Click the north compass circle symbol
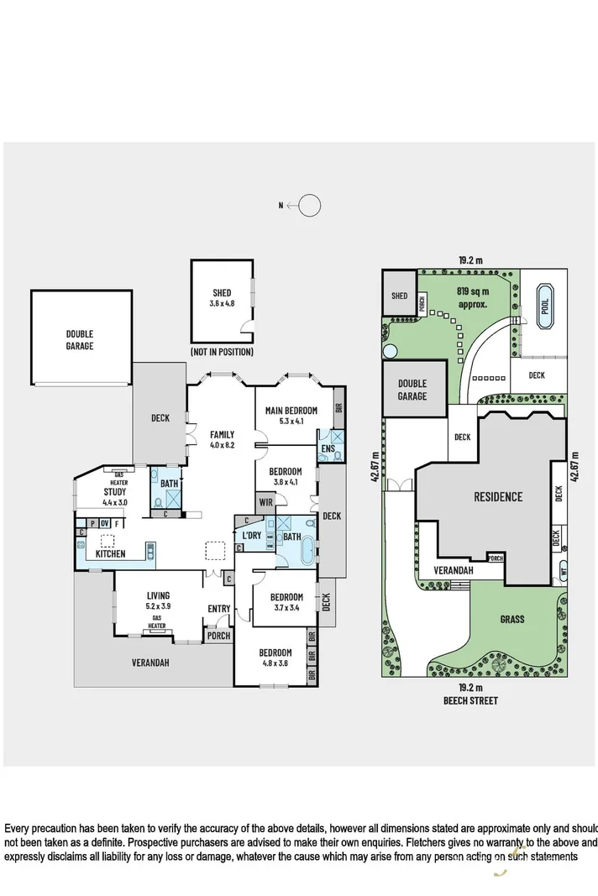pos(309,205)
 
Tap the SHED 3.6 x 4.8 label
pos(222,298)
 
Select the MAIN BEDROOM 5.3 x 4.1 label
pos(291,415)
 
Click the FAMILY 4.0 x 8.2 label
pos(222,439)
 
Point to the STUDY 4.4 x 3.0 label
pos(114,496)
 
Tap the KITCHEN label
pos(111,553)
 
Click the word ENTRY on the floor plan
pos(218,610)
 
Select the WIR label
pos(266,502)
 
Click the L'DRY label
pos(251,536)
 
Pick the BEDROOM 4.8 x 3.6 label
pos(275,658)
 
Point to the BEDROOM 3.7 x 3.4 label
pos(286,603)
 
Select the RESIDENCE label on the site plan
pos(496,496)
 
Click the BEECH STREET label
pos(471,700)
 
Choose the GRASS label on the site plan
pos(511,619)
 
